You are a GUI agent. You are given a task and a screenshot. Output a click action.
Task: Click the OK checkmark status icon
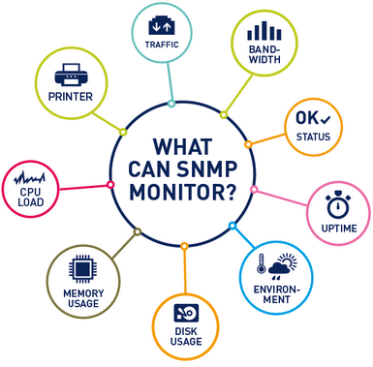click(313, 119)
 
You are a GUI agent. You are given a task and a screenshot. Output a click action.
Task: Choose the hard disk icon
click(185, 311)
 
